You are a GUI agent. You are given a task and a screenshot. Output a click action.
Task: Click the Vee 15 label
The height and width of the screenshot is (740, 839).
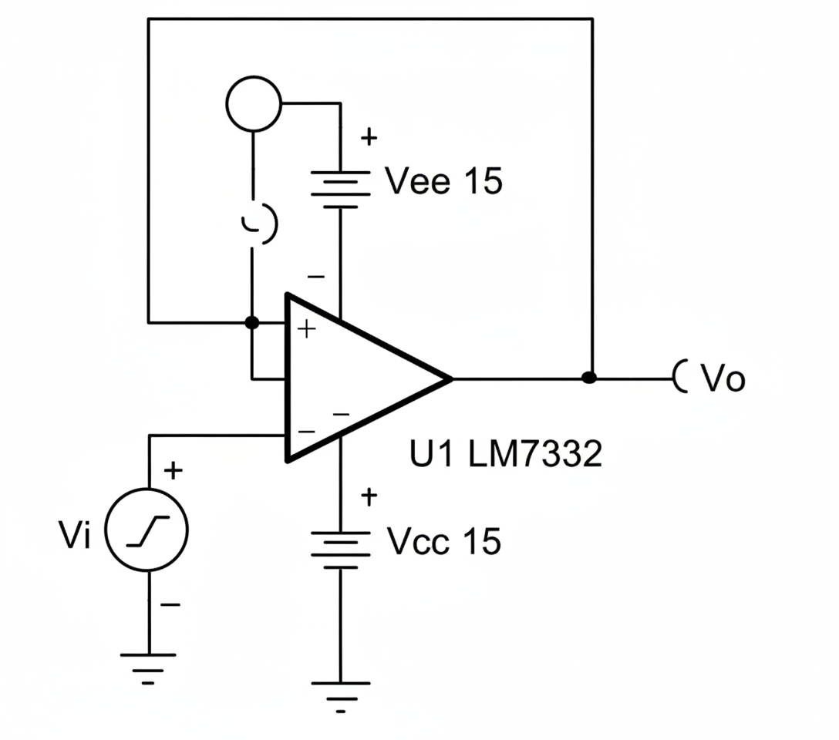click(443, 182)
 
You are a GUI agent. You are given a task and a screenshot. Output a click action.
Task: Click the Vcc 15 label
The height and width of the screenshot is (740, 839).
click(443, 541)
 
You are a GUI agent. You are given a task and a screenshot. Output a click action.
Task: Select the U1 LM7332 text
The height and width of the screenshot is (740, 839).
click(505, 455)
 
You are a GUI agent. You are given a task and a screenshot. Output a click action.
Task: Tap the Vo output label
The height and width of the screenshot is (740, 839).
click(723, 379)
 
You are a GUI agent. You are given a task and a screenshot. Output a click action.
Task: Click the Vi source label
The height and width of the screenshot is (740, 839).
click(75, 536)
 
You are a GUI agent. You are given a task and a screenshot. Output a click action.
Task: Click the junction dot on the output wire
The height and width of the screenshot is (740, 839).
click(590, 378)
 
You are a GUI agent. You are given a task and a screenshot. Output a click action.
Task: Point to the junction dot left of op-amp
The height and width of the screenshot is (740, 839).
click(251, 321)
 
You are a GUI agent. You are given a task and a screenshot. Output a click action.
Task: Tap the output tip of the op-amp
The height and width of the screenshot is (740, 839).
click(450, 378)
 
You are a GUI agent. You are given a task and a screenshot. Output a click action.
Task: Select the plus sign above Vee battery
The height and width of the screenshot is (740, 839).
click(369, 139)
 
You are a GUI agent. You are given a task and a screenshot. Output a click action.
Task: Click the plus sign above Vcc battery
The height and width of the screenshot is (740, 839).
click(369, 497)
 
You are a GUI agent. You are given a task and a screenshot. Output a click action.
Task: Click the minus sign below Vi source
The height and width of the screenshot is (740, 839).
click(170, 604)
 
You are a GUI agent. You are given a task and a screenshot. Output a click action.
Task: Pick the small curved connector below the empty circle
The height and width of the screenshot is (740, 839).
click(259, 224)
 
